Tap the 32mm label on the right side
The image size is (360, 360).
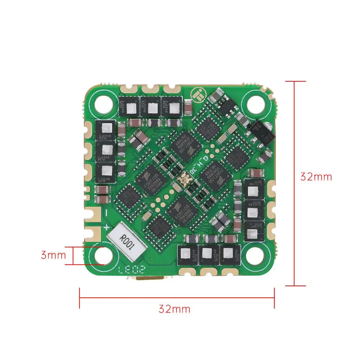pos(316,177)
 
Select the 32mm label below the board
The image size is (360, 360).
pos(174,309)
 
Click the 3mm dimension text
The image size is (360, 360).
pos(53,255)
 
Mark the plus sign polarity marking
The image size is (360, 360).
pos(107,228)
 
